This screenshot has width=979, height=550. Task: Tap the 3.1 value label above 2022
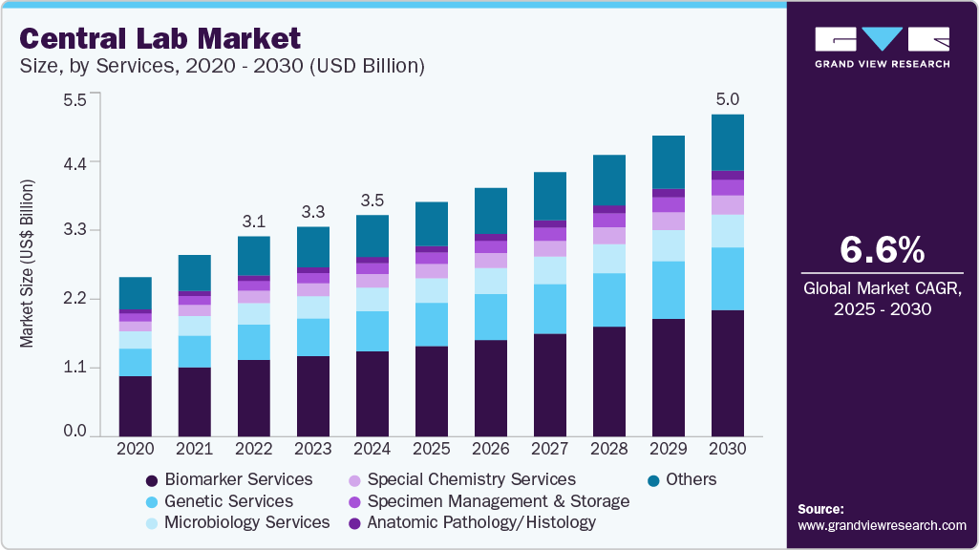pyautogui.click(x=253, y=221)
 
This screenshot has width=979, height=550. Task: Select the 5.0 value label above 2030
pyautogui.click(x=728, y=99)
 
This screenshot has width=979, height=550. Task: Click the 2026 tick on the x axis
pyautogui.click(x=491, y=448)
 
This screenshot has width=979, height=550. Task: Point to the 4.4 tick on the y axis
pyautogui.click(x=74, y=162)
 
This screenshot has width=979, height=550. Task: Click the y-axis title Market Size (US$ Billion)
pyautogui.click(x=28, y=263)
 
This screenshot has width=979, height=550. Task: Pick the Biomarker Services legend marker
pyautogui.click(x=151, y=480)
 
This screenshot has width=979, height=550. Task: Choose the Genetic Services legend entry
pyautogui.click(x=228, y=501)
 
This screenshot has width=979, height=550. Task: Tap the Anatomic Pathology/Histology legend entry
pyautogui.click(x=480, y=522)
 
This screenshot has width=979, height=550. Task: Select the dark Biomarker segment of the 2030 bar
pyautogui.click(x=728, y=372)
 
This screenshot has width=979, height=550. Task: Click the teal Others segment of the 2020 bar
pyautogui.click(x=136, y=293)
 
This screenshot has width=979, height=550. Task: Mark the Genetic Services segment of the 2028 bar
pyautogui.click(x=609, y=300)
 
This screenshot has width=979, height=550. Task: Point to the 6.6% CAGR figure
pyautogui.click(x=882, y=250)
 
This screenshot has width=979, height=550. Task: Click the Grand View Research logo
pyautogui.click(x=882, y=47)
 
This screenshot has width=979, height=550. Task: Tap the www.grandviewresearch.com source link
pyautogui.click(x=882, y=526)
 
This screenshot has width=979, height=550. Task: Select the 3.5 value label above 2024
pyautogui.click(x=372, y=201)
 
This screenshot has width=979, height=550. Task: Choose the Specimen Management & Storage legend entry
pyautogui.click(x=498, y=501)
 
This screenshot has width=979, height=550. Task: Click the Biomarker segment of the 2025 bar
pyautogui.click(x=432, y=391)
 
